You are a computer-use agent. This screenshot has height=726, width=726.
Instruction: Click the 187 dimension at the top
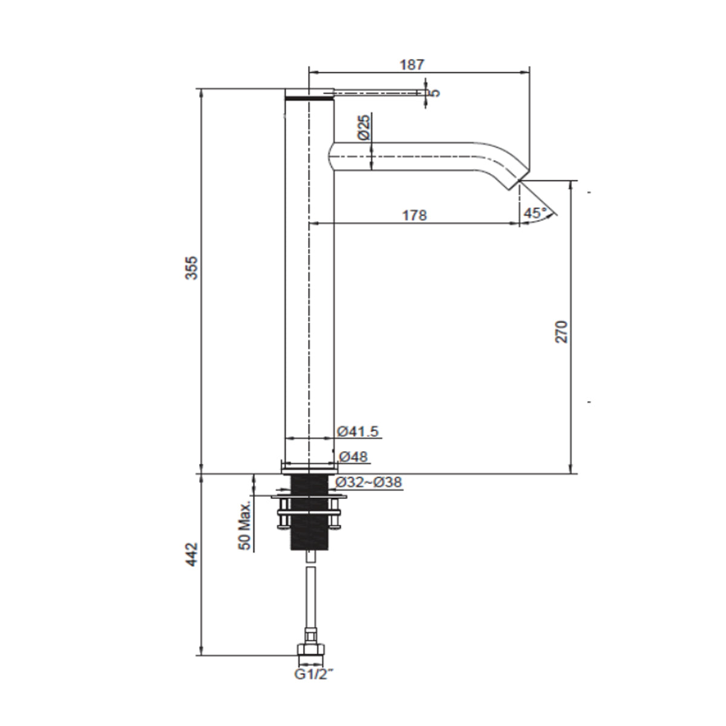[x=413, y=64]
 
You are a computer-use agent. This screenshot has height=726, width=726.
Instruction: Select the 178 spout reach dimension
[x=415, y=215]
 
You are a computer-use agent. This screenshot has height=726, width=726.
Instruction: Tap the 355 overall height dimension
[x=191, y=267]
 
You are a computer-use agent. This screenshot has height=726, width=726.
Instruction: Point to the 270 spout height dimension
[x=561, y=331]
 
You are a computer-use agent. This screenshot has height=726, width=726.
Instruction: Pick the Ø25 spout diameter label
[x=362, y=128]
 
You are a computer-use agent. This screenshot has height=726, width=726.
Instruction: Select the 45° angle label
[x=535, y=212]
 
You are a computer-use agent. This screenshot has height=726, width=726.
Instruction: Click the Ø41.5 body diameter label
[x=358, y=431]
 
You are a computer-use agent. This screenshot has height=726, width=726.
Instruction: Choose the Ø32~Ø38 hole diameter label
[x=368, y=482]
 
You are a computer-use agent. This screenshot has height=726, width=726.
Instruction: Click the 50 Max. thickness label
[x=245, y=525]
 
